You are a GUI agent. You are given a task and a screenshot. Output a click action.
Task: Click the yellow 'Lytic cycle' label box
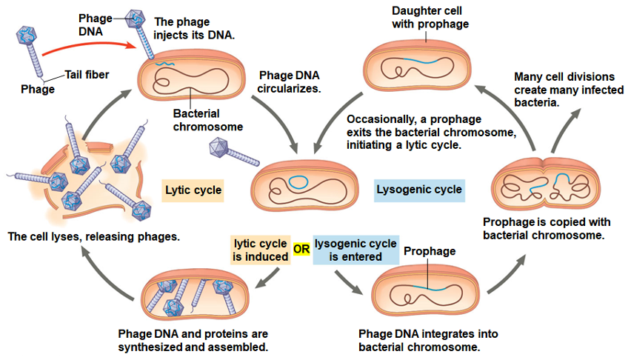coord(193,190)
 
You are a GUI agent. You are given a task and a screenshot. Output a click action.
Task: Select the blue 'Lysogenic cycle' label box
coord(419,190)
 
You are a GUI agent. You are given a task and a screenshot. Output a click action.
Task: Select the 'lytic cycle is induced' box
coord(260,250)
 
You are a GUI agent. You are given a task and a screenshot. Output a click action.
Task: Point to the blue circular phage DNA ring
coord(299,179)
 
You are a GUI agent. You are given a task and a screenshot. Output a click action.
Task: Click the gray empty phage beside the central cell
coord(232,152)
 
